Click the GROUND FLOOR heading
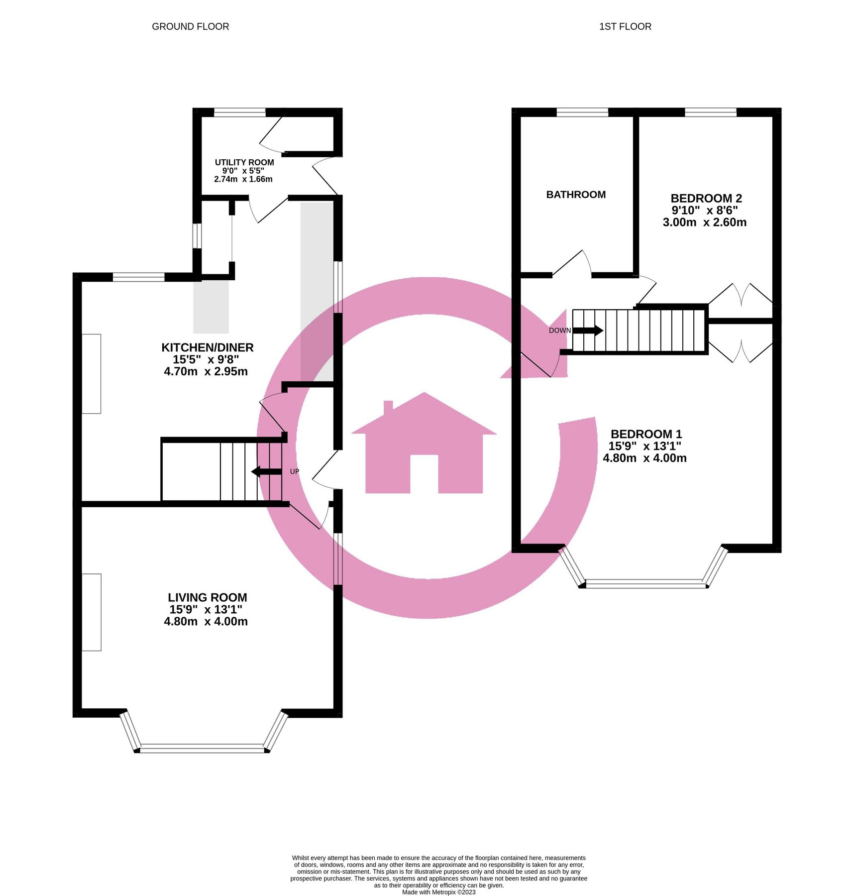point(190,26)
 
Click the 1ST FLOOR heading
point(625,26)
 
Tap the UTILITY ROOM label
point(244,162)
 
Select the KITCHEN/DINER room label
point(207,347)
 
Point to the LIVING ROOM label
point(207,597)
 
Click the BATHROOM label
point(576,195)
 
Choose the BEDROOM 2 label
point(706,198)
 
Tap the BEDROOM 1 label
point(646,434)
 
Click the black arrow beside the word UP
point(266,471)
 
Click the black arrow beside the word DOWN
point(588,330)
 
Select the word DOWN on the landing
point(559,331)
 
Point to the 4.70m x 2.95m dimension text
point(206,371)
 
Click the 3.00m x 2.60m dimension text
point(704,223)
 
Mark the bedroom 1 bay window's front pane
point(646,584)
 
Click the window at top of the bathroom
point(582,112)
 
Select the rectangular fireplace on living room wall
point(91,612)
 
